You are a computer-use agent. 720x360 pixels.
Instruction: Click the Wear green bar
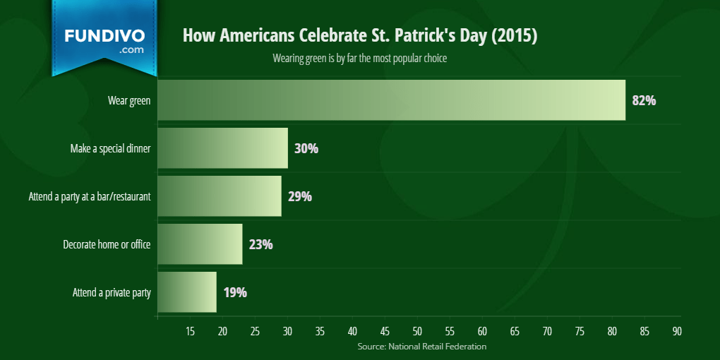[392, 100]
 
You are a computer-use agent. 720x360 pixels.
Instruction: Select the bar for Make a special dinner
[222, 148]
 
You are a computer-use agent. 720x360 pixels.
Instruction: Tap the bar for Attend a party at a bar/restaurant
[220, 196]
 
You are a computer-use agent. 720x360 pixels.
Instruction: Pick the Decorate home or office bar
[200, 244]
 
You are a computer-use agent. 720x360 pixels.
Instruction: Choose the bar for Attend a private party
[187, 292]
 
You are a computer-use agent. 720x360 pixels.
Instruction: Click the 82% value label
[644, 100]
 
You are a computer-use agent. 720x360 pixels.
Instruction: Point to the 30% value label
[306, 149]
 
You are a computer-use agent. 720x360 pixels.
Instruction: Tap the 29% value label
[300, 196]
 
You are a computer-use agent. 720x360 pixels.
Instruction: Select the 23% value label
[260, 245]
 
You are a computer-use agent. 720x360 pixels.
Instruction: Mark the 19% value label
[235, 292]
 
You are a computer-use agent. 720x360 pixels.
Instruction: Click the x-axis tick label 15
[190, 332]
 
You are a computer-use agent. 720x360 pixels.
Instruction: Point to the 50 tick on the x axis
[417, 332]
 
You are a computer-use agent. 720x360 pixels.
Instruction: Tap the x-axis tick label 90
[677, 332]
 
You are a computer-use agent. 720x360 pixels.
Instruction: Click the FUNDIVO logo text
[104, 36]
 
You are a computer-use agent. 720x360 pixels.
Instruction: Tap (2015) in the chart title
[515, 36]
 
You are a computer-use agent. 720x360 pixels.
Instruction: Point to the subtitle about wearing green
[359, 59]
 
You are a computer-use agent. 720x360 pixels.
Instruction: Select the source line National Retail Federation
[422, 346]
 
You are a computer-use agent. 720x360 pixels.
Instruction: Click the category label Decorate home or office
[107, 244]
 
